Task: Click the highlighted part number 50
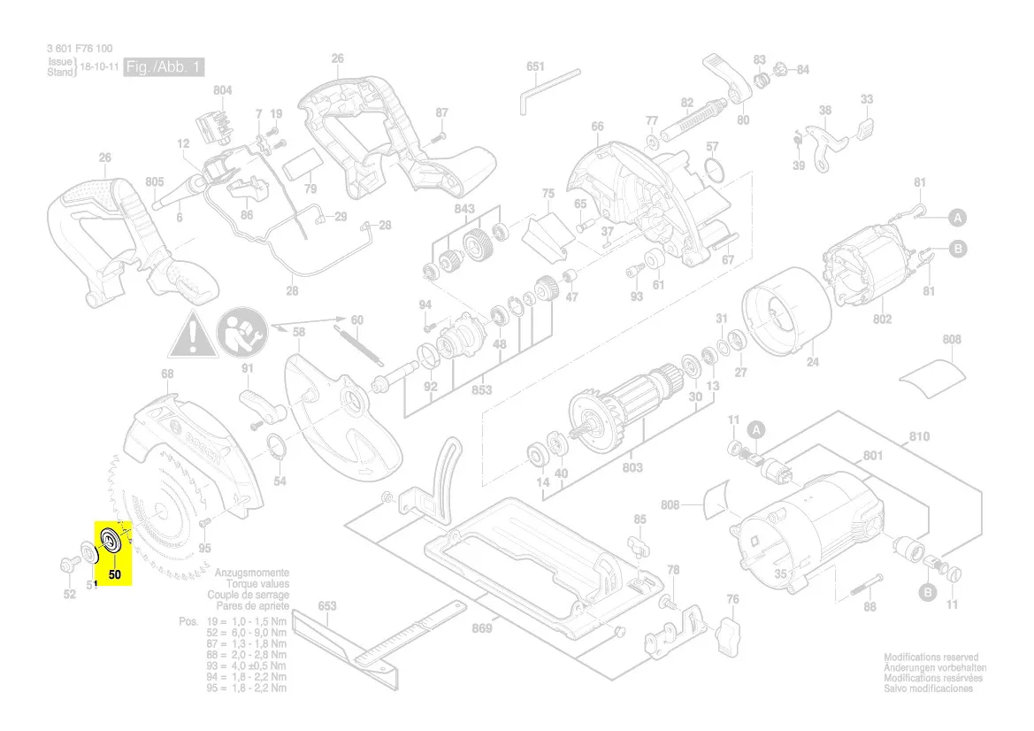pyautogui.click(x=115, y=573)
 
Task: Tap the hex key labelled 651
pyautogui.click(x=530, y=92)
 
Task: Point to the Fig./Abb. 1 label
pyautogui.click(x=165, y=67)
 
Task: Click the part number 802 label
pyautogui.click(x=882, y=319)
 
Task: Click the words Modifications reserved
pyautogui.click(x=931, y=658)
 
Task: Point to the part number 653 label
pyautogui.click(x=327, y=606)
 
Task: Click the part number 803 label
pyautogui.click(x=632, y=467)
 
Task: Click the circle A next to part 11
pyautogui.click(x=756, y=430)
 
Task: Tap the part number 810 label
pyautogui.click(x=919, y=437)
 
